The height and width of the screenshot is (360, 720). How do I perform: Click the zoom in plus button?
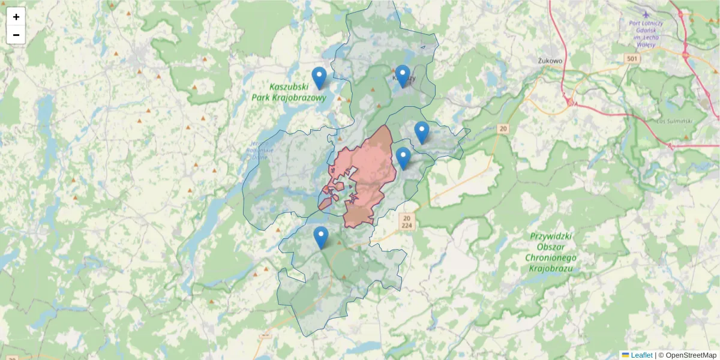tap(16, 17)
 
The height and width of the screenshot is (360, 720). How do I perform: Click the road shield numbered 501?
tap(631, 58)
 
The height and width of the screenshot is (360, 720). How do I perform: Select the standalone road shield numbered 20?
tap(502, 128)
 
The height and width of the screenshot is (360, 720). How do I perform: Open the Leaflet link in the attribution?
tap(641, 355)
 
